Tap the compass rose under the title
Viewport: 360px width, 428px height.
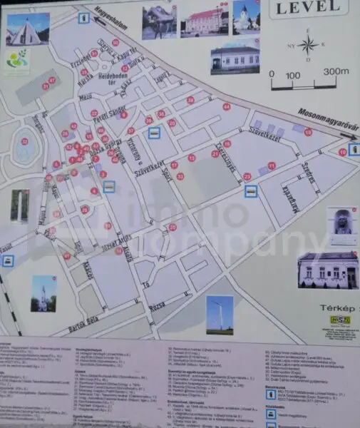point(308,46)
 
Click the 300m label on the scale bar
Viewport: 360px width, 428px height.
point(333,73)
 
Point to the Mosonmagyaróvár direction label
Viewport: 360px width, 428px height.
point(327,119)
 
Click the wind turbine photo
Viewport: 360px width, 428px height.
point(220,313)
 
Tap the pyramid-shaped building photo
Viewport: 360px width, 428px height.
point(27,29)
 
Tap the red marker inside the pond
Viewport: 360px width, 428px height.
point(25,141)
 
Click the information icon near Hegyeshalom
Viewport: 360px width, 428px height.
point(84,16)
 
